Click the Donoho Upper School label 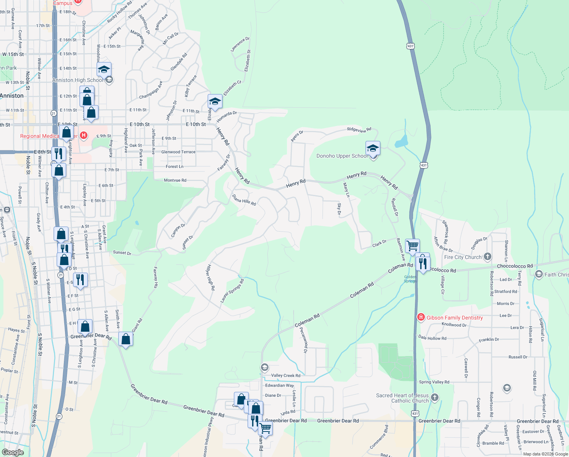[342, 156]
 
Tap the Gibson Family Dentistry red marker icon [421, 317]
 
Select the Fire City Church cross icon [488, 257]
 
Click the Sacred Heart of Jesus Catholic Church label [402, 398]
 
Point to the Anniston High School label [78, 80]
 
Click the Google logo [13, 452]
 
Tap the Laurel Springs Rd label [232, 291]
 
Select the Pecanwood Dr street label [304, 340]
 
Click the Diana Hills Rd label [244, 200]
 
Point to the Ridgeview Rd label [359, 130]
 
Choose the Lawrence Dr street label [240, 44]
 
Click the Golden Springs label [410, 279]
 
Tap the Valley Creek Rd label [285, 376]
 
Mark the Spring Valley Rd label [434, 382]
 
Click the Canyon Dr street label [178, 230]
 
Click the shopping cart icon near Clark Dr [412, 246]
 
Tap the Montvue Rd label [175, 180]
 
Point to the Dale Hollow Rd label [432, 338]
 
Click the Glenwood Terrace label [178, 152]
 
